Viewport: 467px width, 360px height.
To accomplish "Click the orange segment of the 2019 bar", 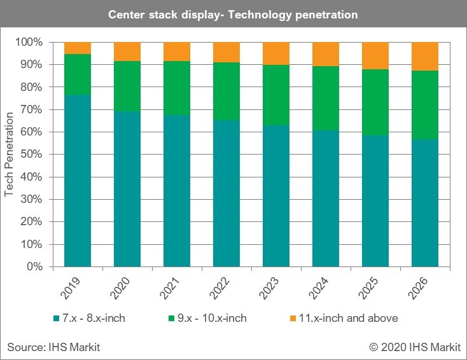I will [x=77, y=48].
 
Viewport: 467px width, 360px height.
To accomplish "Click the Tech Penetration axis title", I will [x=10, y=155].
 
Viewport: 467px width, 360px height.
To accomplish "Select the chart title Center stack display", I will [x=233, y=14].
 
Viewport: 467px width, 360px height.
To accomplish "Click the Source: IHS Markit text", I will [x=53, y=347].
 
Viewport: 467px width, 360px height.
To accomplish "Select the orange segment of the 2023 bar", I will [x=275, y=53].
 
